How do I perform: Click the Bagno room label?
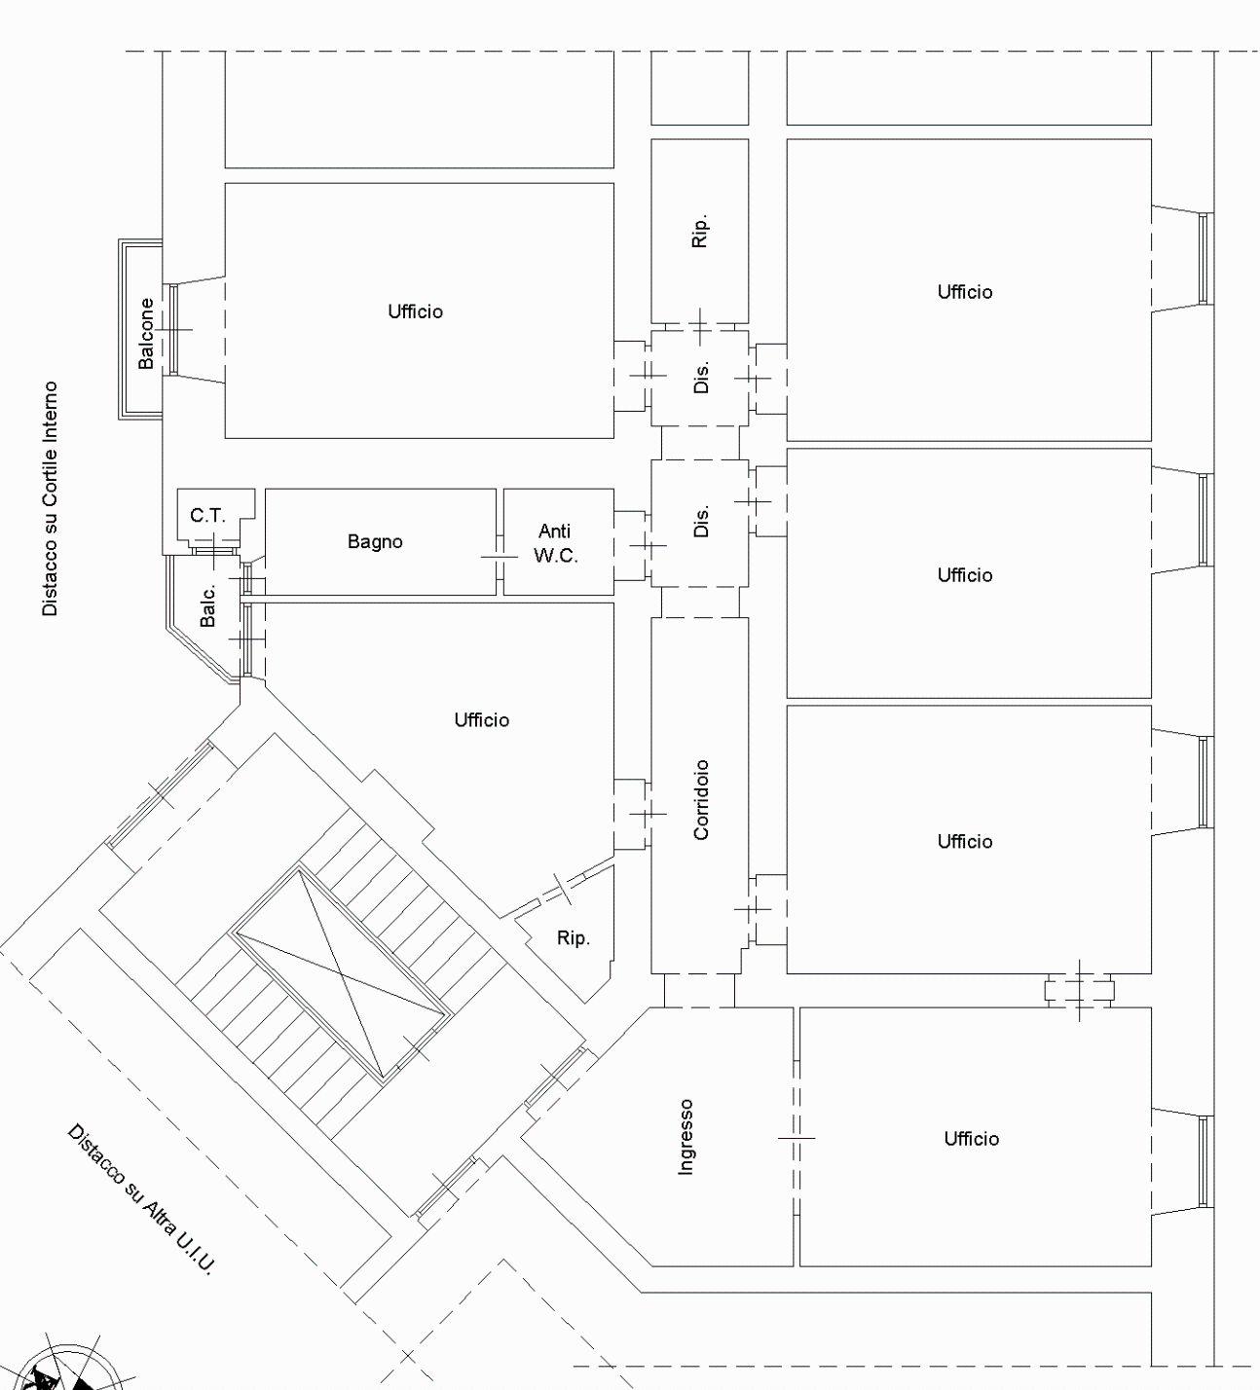pos(375,541)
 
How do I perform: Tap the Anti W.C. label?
pos(555,543)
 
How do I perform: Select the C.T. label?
pos(207,516)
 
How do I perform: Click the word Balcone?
pos(146,333)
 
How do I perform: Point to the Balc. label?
pos(208,604)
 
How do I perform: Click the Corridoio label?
pos(701,799)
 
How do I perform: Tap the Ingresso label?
pos(686,1137)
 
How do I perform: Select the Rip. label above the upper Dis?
pos(700,230)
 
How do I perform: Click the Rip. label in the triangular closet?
pos(573,938)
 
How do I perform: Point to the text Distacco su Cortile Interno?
pos(50,498)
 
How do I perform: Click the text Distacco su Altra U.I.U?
pos(141,1199)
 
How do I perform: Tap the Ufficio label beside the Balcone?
pos(416,311)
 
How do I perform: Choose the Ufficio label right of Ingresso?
pos(972,1139)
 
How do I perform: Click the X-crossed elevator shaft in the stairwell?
pos(341,974)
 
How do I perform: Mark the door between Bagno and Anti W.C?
pos(500,557)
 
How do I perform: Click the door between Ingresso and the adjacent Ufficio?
pos(797,1138)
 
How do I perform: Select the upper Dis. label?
pos(701,377)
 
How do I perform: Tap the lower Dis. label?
pos(701,521)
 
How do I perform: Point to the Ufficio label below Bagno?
pos(482,720)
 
